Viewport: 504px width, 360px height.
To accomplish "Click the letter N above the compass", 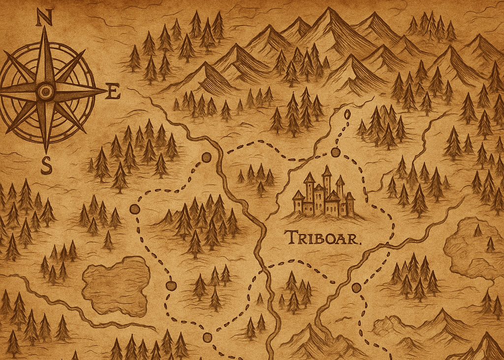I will pyautogui.click(x=44, y=18).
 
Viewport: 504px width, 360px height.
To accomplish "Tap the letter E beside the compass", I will pyautogui.click(x=113, y=91).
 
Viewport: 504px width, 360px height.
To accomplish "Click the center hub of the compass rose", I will pyautogui.click(x=46, y=91).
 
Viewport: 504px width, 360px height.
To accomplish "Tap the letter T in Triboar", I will pyautogui.click(x=290, y=237).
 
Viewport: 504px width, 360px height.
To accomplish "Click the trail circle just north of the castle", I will pyautogui.click(x=335, y=152).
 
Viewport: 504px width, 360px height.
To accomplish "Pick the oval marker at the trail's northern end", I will pyautogui.click(x=347, y=115).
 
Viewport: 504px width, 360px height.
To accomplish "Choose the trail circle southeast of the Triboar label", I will pyautogui.click(x=356, y=288).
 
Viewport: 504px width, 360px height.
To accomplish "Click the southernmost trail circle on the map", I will pyautogui.click(x=207, y=337).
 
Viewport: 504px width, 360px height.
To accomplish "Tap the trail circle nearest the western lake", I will pyautogui.click(x=171, y=286).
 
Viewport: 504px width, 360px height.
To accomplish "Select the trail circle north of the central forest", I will pyautogui.click(x=206, y=158).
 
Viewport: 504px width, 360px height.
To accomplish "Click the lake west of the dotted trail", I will pyautogui.click(x=116, y=285).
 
